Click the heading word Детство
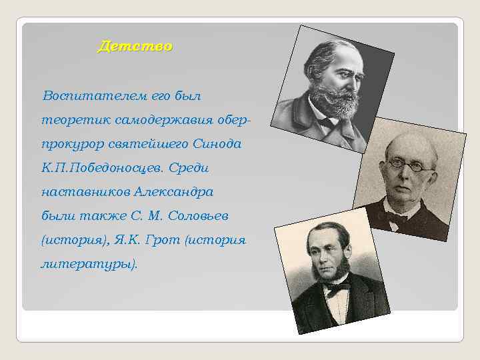coord(134,46)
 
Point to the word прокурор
coord(69,145)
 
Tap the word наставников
coord(85,192)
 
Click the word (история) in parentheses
coord(69,239)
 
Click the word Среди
coord(197,168)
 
